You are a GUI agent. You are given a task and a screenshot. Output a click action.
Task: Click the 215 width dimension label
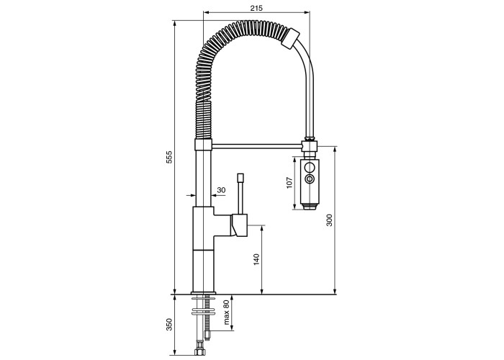[256, 8]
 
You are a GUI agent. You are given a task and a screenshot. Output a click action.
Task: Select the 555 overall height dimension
[169, 157]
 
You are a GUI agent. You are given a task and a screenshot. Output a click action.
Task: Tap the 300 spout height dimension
[330, 220]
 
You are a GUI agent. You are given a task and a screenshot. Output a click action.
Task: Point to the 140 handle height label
[256, 260]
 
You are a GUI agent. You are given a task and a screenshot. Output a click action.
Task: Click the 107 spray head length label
[289, 183]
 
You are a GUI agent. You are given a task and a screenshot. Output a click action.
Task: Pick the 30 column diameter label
[221, 190]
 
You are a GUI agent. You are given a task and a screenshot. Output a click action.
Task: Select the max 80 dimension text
[226, 312]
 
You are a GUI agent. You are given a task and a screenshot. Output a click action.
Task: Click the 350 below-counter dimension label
[169, 325]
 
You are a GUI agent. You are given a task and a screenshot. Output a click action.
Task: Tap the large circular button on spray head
[310, 168]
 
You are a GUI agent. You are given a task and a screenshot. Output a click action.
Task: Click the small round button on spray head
[310, 179]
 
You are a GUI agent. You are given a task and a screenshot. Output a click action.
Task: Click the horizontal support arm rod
[257, 147]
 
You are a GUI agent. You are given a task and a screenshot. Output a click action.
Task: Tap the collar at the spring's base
[204, 144]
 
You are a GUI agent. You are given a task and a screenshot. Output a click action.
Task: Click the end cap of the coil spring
[291, 39]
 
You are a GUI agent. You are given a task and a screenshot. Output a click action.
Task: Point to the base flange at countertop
[204, 293]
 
